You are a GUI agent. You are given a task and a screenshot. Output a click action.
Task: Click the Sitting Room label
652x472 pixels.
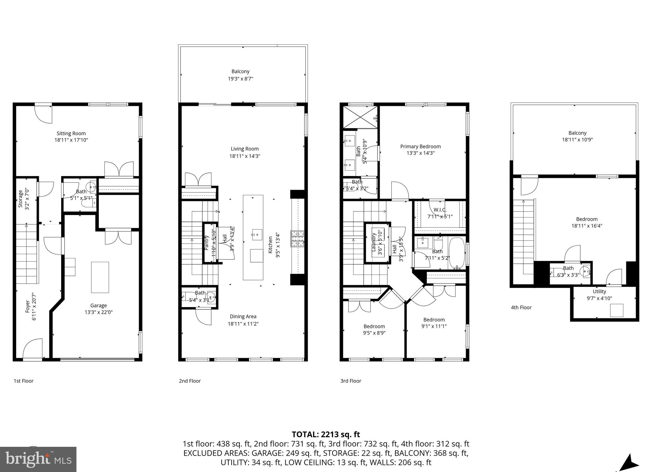71,133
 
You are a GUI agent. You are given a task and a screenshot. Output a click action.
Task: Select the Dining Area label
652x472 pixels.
243,316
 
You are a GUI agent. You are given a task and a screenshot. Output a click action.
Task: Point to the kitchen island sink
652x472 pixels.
256,234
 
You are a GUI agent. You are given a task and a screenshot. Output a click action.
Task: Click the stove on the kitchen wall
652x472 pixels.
297,239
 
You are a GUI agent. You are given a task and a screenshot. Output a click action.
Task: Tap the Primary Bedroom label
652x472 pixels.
420,146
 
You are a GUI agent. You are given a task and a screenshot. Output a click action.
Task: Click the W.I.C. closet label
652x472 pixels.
440,210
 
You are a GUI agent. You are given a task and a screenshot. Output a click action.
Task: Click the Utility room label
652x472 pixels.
599,291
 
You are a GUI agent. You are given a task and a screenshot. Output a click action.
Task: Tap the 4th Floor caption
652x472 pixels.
521,307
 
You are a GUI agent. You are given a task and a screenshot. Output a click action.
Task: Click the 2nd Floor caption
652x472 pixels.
190,381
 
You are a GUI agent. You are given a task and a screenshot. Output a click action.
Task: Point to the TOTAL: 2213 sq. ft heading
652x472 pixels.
326,434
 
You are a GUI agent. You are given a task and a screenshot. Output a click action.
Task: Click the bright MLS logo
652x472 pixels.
38,459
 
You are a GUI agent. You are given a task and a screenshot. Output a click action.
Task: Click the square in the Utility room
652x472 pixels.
616,310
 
